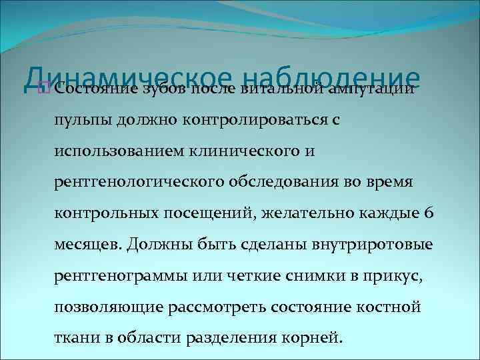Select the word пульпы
point(79,121)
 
